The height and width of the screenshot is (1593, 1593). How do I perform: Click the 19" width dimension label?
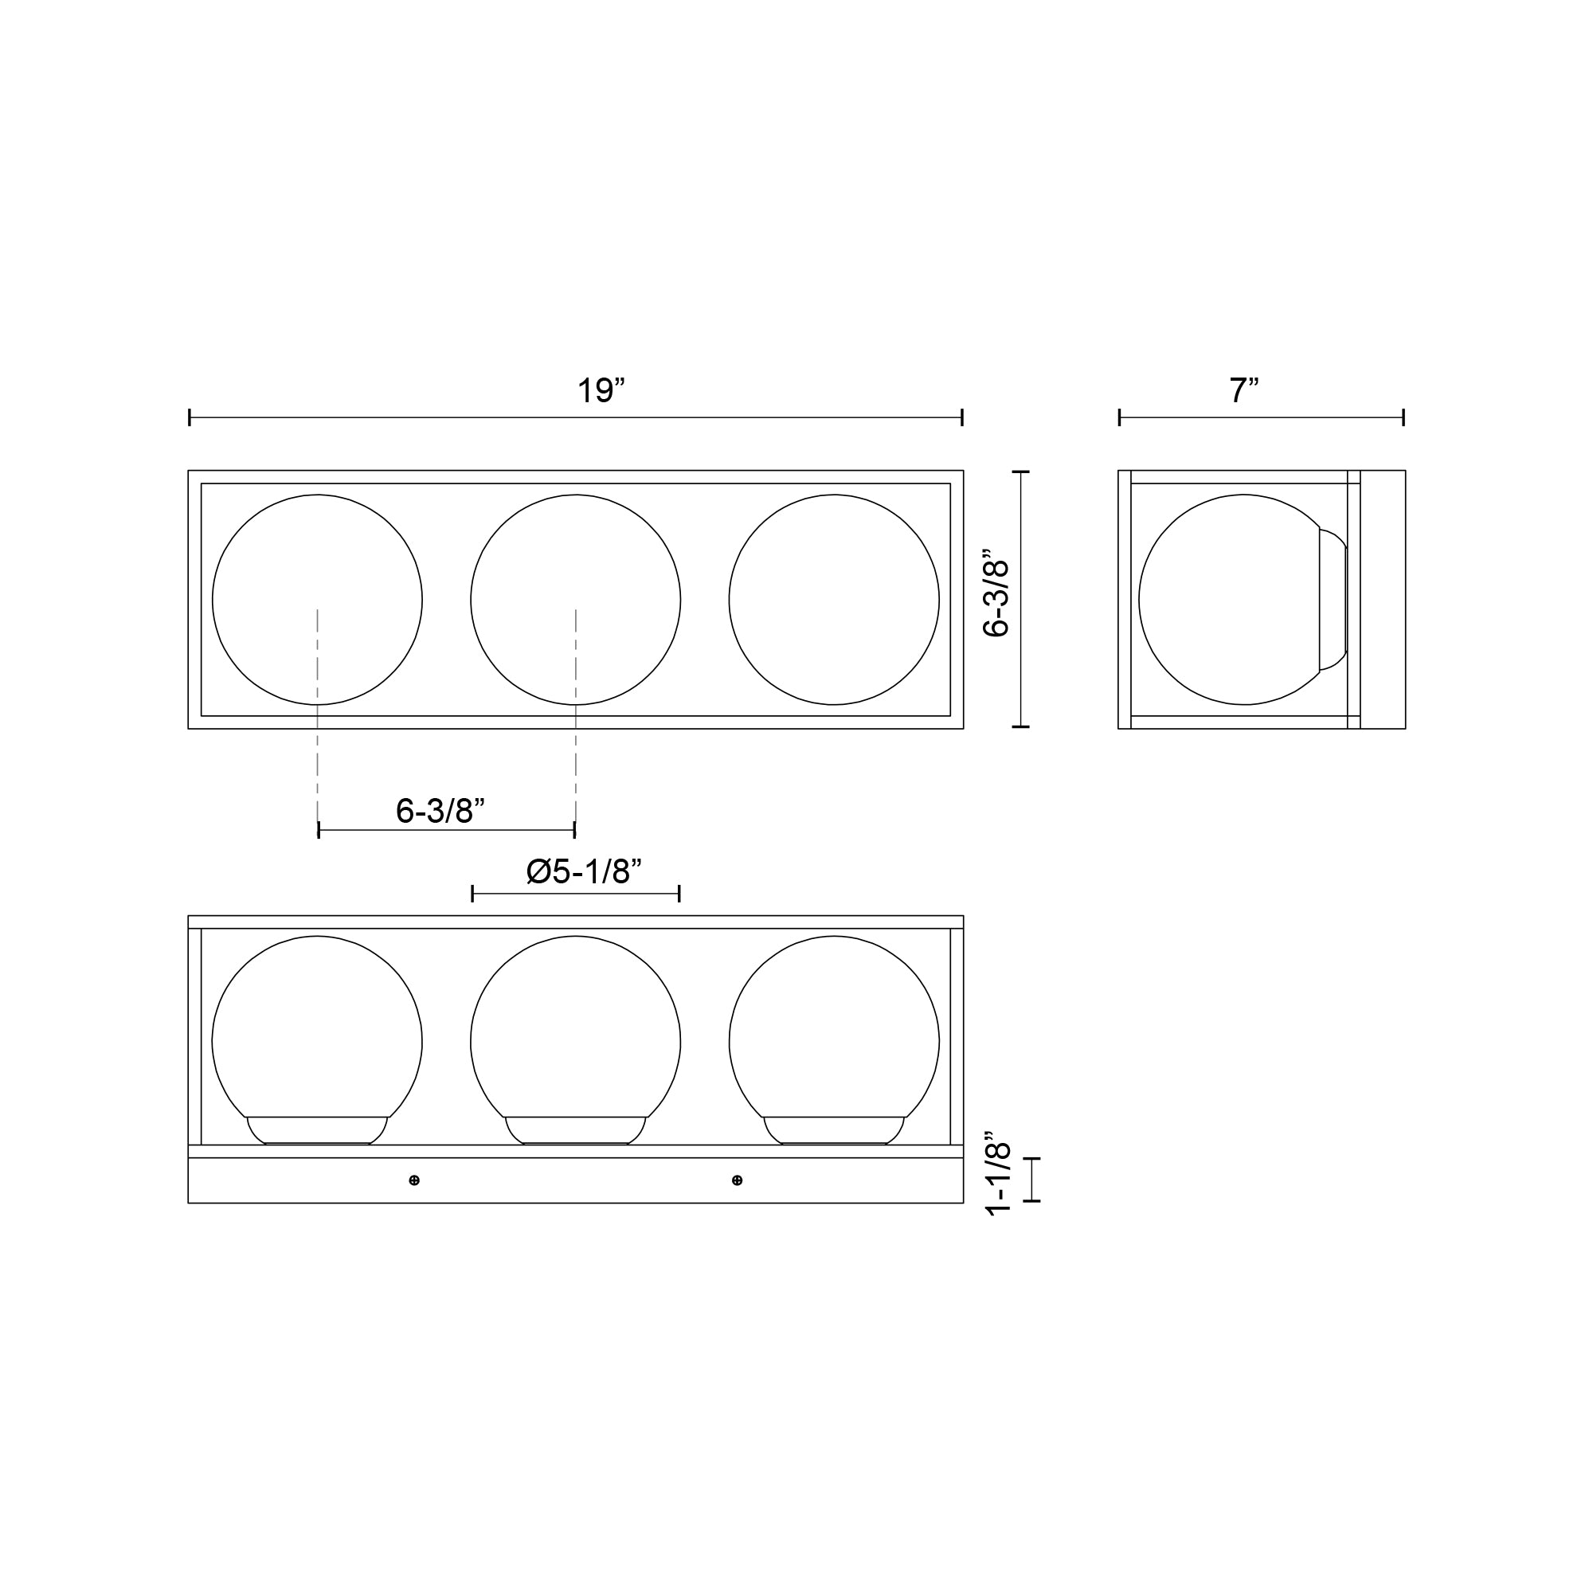click(x=601, y=391)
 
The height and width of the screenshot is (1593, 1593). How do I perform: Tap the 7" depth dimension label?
click(x=1243, y=391)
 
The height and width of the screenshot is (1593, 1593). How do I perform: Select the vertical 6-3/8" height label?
click(x=997, y=599)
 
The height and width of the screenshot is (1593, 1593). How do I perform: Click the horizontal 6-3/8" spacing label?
click(x=440, y=812)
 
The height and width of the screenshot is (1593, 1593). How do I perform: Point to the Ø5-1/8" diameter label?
click(x=584, y=871)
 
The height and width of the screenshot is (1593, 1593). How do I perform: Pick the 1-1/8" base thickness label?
click(x=999, y=1178)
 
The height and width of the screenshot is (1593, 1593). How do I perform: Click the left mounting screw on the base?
click(x=415, y=1180)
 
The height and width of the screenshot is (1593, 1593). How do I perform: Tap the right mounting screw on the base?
click(x=737, y=1180)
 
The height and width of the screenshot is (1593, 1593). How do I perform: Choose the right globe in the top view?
click(x=834, y=600)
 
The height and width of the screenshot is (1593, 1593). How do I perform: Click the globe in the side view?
click(x=1228, y=600)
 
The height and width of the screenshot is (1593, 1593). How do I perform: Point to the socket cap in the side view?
click(x=1333, y=600)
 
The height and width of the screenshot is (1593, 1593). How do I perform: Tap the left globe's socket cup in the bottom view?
click(x=318, y=1130)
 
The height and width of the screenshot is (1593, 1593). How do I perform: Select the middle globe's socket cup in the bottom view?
click(x=576, y=1130)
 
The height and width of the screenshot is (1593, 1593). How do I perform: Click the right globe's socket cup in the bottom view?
click(x=834, y=1130)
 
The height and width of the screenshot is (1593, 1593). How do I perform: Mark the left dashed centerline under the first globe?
click(x=319, y=767)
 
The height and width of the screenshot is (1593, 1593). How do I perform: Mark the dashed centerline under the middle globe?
click(x=576, y=767)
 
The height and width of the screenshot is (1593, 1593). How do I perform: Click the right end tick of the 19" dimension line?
click(x=962, y=417)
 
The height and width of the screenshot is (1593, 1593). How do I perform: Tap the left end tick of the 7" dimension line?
click(x=1120, y=417)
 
